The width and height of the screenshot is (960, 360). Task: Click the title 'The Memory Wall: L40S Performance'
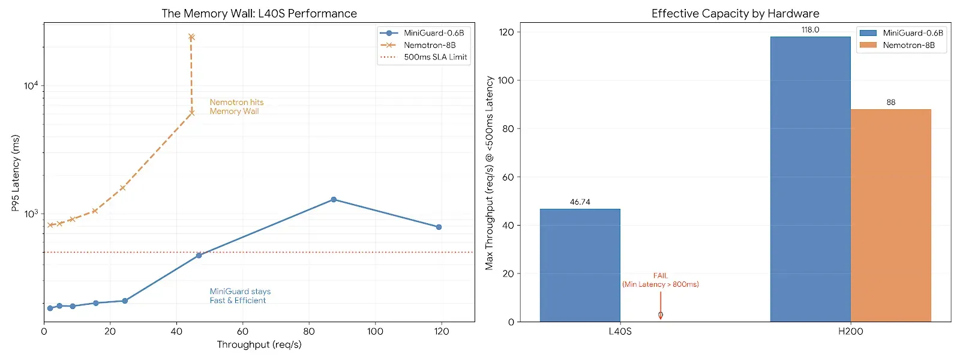click(x=259, y=13)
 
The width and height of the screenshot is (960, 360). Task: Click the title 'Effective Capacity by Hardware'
click(x=735, y=13)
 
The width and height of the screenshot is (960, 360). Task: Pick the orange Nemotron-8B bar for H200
click(x=890, y=215)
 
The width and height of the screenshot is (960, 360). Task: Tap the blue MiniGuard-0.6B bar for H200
click(x=810, y=179)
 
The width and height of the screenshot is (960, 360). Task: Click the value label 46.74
click(x=580, y=202)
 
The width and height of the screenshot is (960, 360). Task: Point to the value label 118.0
click(x=810, y=30)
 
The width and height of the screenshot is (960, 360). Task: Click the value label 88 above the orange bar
click(x=890, y=103)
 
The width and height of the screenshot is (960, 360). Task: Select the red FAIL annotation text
click(x=660, y=276)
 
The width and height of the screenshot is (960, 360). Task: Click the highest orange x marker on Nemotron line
click(x=191, y=37)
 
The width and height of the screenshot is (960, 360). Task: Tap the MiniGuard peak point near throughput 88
click(x=334, y=199)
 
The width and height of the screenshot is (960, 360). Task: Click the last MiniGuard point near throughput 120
click(x=439, y=227)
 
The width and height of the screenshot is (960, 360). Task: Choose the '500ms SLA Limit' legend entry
click(x=435, y=57)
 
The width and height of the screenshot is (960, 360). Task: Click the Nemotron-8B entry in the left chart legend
click(x=429, y=45)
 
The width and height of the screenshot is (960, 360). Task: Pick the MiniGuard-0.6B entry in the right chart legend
click(x=912, y=33)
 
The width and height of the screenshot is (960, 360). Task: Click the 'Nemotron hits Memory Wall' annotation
click(x=236, y=107)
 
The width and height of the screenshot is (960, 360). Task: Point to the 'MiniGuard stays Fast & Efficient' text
click(x=240, y=296)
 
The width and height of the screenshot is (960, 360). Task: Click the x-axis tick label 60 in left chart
click(x=242, y=331)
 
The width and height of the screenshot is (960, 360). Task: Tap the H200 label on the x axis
click(x=850, y=331)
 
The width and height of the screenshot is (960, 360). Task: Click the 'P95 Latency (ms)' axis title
click(x=16, y=173)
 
